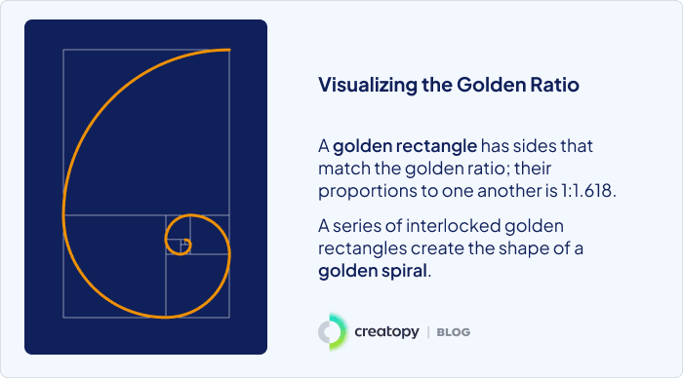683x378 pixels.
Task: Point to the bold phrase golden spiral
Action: (372, 270)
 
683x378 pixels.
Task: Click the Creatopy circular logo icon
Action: (332, 332)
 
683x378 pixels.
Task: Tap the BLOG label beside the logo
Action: (453, 332)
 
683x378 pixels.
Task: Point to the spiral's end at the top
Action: (229, 49)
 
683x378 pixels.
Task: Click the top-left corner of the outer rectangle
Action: (63, 49)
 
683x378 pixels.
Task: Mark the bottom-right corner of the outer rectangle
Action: (231, 317)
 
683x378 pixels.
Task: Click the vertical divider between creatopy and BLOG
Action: (428, 332)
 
